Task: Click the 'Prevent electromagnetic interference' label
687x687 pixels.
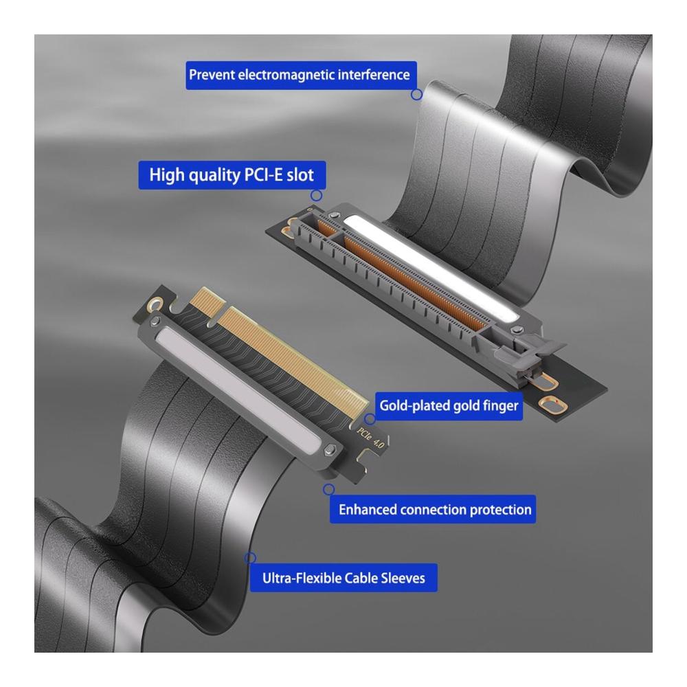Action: coord(301,76)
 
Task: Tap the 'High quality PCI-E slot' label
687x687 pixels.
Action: coord(232,175)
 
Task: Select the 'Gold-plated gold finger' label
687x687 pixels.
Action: coord(449,406)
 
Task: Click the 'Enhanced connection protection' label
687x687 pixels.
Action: coord(432,509)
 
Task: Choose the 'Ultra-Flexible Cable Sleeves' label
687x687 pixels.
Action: coord(343,578)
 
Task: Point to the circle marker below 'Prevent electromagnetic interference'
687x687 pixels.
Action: coord(417,94)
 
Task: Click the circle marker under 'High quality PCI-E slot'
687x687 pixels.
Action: coord(316,195)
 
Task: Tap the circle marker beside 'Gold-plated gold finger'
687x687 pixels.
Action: coord(370,419)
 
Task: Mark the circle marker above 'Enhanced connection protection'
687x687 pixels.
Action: coord(328,489)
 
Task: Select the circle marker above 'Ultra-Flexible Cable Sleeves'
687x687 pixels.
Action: coord(250,558)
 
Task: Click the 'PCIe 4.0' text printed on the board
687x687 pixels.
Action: coord(370,438)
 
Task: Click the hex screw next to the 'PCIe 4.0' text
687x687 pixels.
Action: coord(330,450)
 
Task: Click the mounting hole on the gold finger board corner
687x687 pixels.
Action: coord(155,304)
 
